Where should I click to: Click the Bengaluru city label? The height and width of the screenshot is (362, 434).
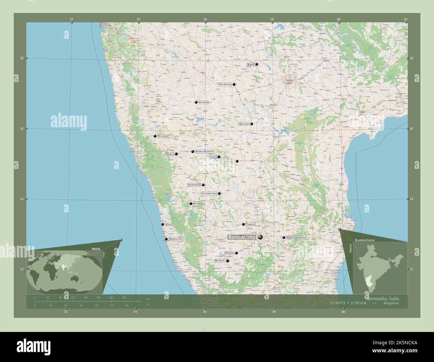(x=242, y=237)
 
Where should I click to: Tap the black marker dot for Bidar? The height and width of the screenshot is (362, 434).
(x=257, y=64)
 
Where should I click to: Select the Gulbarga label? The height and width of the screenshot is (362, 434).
(x=225, y=84)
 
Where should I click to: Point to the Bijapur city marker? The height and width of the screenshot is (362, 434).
(x=196, y=102)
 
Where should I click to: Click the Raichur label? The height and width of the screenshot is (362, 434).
(x=244, y=124)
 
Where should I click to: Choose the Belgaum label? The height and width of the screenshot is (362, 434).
(x=163, y=136)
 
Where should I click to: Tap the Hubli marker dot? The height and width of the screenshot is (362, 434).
(x=176, y=154)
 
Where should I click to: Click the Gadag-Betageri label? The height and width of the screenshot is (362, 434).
(x=204, y=152)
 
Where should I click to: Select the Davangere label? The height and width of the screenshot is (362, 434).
(x=194, y=185)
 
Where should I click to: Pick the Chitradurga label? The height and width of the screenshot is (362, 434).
(x=209, y=193)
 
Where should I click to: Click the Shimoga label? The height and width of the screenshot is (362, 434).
(x=198, y=203)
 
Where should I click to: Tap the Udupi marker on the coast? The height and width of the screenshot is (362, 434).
(x=163, y=224)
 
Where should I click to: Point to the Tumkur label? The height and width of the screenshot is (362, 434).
(x=250, y=224)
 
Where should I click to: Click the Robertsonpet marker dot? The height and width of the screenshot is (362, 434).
(x=283, y=237)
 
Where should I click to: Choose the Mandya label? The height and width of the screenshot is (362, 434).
(x=229, y=253)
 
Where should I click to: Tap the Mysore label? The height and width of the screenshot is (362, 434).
(x=220, y=260)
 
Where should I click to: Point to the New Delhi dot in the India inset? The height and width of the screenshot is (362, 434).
(x=371, y=256)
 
